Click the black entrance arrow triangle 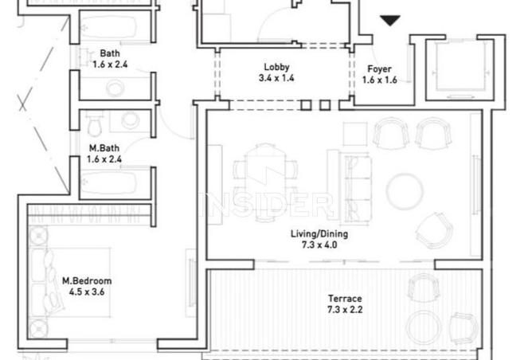389,21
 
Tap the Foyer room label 379,68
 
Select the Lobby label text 276,68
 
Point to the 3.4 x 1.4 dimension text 276,79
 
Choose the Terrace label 344,298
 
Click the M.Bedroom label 88,280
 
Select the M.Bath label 104,147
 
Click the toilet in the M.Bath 95,124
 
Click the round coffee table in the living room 405,190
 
